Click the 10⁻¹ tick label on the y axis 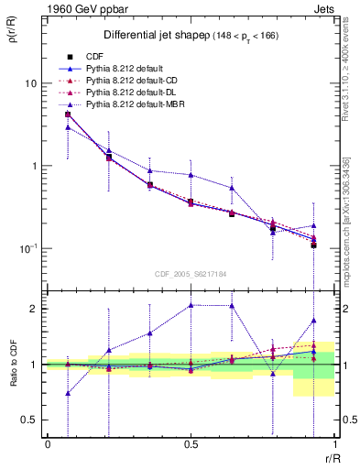coord(27,248)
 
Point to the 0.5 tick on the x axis coord(191,444)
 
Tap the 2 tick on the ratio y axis coord(35,309)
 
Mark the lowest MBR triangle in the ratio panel coord(68,393)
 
